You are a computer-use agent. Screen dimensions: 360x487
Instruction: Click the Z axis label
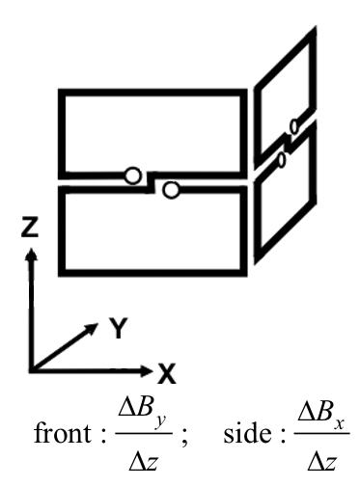[30, 227]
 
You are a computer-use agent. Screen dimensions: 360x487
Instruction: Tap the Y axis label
[119, 328]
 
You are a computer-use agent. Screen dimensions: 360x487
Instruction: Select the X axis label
[167, 373]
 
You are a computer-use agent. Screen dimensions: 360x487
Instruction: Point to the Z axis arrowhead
[31, 254]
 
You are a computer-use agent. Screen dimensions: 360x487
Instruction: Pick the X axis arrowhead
[147, 371]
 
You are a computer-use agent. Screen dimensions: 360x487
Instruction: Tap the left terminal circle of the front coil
[132, 176]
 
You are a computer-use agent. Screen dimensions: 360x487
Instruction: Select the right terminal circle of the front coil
[171, 190]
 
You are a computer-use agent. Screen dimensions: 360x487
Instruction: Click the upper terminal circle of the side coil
[294, 126]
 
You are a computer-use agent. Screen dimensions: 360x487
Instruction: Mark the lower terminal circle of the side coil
[282, 160]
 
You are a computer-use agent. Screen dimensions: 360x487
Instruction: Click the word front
[63, 433]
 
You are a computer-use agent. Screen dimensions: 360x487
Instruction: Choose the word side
[247, 433]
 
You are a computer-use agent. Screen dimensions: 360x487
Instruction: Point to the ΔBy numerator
[143, 410]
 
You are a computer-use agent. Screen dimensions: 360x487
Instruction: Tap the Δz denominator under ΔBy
[143, 462]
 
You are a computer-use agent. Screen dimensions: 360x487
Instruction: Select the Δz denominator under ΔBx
[321, 462]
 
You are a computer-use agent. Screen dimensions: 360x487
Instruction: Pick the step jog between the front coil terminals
[151, 182]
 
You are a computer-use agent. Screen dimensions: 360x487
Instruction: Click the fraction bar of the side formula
[321, 433]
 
